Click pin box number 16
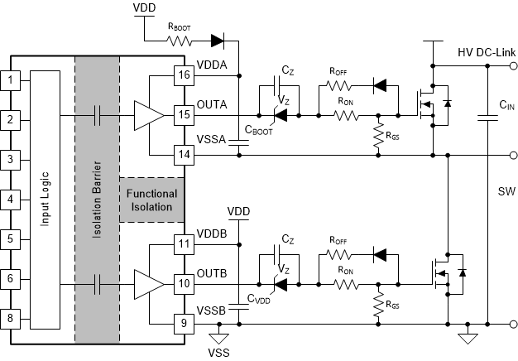tap(183, 75)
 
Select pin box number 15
tap(183, 115)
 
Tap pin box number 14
tap(183, 154)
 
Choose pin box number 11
tap(183, 244)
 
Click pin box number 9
tap(183, 323)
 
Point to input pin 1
tap(10, 80)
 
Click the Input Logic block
tap(45, 200)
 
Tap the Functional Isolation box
tap(151, 200)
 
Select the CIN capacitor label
tap(506, 106)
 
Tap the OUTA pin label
tap(212, 105)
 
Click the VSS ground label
tap(219, 352)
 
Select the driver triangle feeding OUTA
tap(146, 115)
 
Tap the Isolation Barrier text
tap(97, 200)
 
